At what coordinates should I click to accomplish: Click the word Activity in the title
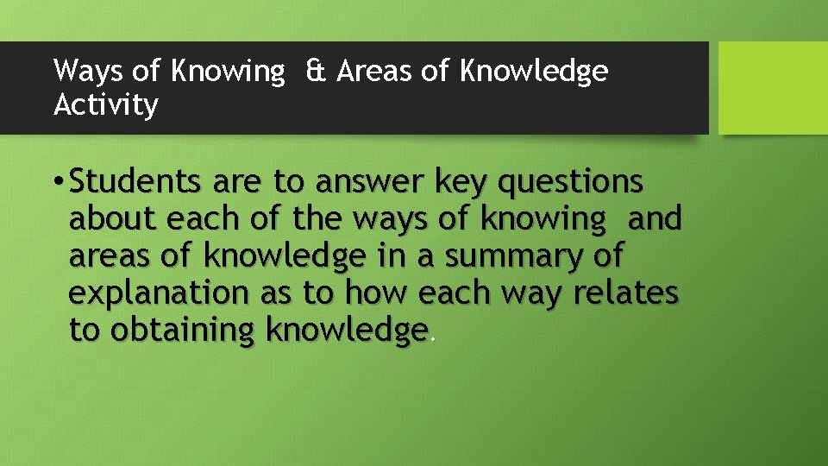(106, 105)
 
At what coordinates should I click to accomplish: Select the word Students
(137, 182)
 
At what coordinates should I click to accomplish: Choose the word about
(109, 219)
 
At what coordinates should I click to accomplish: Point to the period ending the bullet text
(432, 339)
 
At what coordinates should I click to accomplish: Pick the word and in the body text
(655, 219)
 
